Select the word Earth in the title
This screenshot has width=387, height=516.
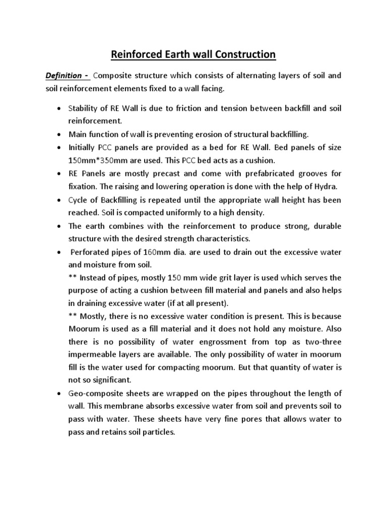[166, 54]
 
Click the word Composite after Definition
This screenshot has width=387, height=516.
[115, 76]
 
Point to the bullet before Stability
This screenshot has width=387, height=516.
[59, 108]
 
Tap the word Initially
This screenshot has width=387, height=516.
[84, 148]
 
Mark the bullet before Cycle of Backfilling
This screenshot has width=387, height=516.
[59, 200]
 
